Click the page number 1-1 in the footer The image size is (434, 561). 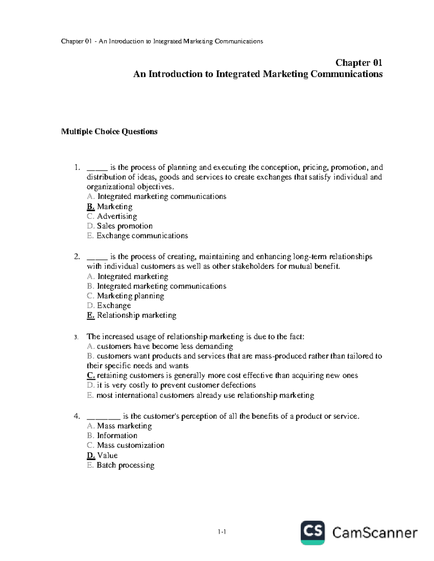pyautogui.click(x=222, y=532)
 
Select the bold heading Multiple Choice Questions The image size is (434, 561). pyautogui.click(x=109, y=131)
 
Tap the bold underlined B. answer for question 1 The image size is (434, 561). pyautogui.click(x=91, y=207)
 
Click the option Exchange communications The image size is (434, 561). pyautogui.click(x=142, y=236)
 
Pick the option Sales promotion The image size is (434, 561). pyautogui.click(x=125, y=226)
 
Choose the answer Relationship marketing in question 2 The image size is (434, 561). pyautogui.click(x=137, y=315)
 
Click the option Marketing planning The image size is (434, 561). pyautogui.click(x=131, y=296)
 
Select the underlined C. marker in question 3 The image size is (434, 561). pyautogui.click(x=91, y=375)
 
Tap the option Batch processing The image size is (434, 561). pyautogui.click(x=125, y=465)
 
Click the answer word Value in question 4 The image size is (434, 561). pyautogui.click(x=107, y=456)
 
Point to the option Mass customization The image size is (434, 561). pyautogui.click(x=131, y=445)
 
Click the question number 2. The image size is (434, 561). pyautogui.click(x=76, y=257)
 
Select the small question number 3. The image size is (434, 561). pyautogui.click(x=76, y=337)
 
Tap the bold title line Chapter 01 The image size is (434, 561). pyautogui.click(x=358, y=63)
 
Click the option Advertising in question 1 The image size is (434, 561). pyautogui.click(x=117, y=216)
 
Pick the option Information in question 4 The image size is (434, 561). pyautogui.click(x=117, y=436)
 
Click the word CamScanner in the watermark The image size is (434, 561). pyautogui.click(x=375, y=533)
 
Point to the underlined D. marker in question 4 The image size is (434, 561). pyautogui.click(x=91, y=456)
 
